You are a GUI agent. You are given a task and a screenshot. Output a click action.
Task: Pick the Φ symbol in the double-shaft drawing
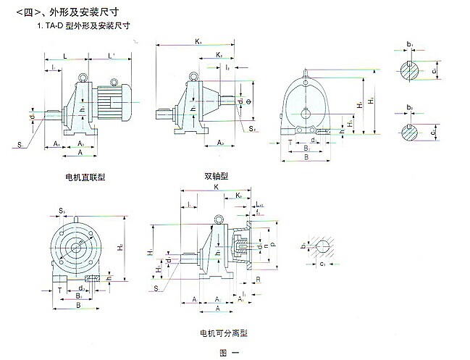pos(250,102)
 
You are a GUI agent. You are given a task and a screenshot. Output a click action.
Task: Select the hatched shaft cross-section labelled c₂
pos(411,133)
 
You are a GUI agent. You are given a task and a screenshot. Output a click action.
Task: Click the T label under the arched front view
pos(290,143)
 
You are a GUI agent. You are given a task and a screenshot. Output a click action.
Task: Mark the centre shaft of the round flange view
pos(76,246)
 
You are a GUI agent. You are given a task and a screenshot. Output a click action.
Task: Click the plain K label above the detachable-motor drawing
pos(217,186)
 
